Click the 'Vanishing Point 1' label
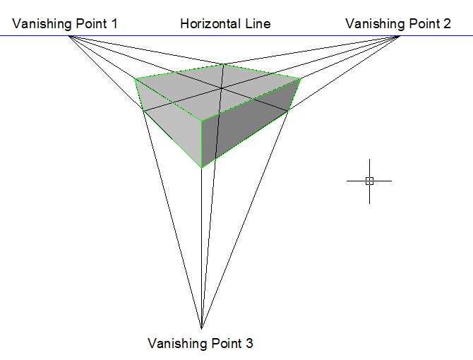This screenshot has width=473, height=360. tap(65, 24)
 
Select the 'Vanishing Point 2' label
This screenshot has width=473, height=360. tap(398, 24)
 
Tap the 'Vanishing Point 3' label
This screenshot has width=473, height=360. tap(200, 344)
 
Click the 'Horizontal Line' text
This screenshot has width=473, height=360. tap(225, 24)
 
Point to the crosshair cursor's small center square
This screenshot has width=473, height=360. tap(369, 181)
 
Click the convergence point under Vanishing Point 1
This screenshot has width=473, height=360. tap(69, 36)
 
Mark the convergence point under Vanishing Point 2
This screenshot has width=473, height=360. tap(400, 36)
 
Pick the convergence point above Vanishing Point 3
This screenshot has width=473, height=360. tap(201, 328)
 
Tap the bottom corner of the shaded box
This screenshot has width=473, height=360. tap(203, 167)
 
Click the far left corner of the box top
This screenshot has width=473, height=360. tap(135, 78)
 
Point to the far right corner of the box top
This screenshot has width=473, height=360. tap(301, 78)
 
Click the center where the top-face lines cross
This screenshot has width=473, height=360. tap(221, 88)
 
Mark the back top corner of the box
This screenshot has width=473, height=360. tap(224, 65)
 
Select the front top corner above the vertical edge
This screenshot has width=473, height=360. tap(203, 120)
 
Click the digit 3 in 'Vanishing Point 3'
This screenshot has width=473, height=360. tap(249, 344)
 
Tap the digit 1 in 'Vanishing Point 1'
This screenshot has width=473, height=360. tap(114, 24)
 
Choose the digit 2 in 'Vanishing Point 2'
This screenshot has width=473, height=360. tap(447, 24)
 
